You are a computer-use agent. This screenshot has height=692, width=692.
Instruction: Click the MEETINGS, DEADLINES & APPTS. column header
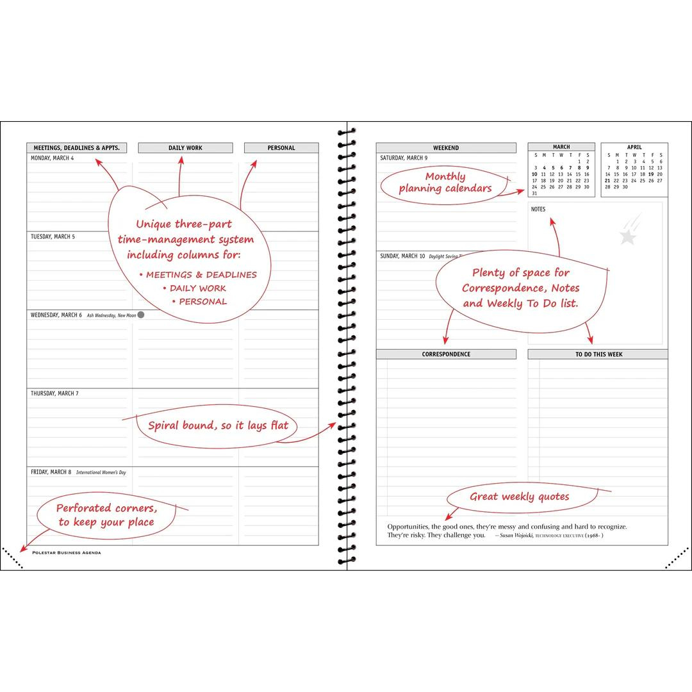(76, 148)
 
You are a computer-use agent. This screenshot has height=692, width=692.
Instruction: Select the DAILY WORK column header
(185, 148)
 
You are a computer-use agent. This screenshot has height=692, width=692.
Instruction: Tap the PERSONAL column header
(281, 148)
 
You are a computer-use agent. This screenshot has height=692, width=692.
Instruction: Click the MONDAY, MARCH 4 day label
(53, 158)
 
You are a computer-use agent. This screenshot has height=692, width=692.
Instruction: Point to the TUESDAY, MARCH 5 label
(53, 236)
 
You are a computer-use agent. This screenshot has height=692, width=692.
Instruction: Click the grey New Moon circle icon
(141, 315)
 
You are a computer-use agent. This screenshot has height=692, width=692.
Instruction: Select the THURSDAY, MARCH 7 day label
(54, 393)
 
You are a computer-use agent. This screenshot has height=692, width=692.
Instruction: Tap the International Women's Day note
(101, 472)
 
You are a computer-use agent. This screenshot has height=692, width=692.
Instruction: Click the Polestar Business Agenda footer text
(66, 552)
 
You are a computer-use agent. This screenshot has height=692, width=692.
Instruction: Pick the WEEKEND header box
(446, 148)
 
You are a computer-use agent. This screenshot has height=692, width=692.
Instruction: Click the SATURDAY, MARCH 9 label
(404, 158)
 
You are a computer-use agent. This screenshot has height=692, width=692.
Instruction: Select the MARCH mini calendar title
(561, 147)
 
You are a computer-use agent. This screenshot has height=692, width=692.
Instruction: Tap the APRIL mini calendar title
(634, 147)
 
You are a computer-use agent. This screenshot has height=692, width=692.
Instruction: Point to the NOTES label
(538, 210)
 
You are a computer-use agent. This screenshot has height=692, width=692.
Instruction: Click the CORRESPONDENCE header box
(446, 354)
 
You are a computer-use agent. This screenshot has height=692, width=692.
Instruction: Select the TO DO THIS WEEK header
(598, 354)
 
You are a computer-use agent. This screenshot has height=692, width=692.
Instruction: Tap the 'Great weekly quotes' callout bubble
(519, 497)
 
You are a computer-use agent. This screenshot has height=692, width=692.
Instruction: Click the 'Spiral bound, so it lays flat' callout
(218, 425)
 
